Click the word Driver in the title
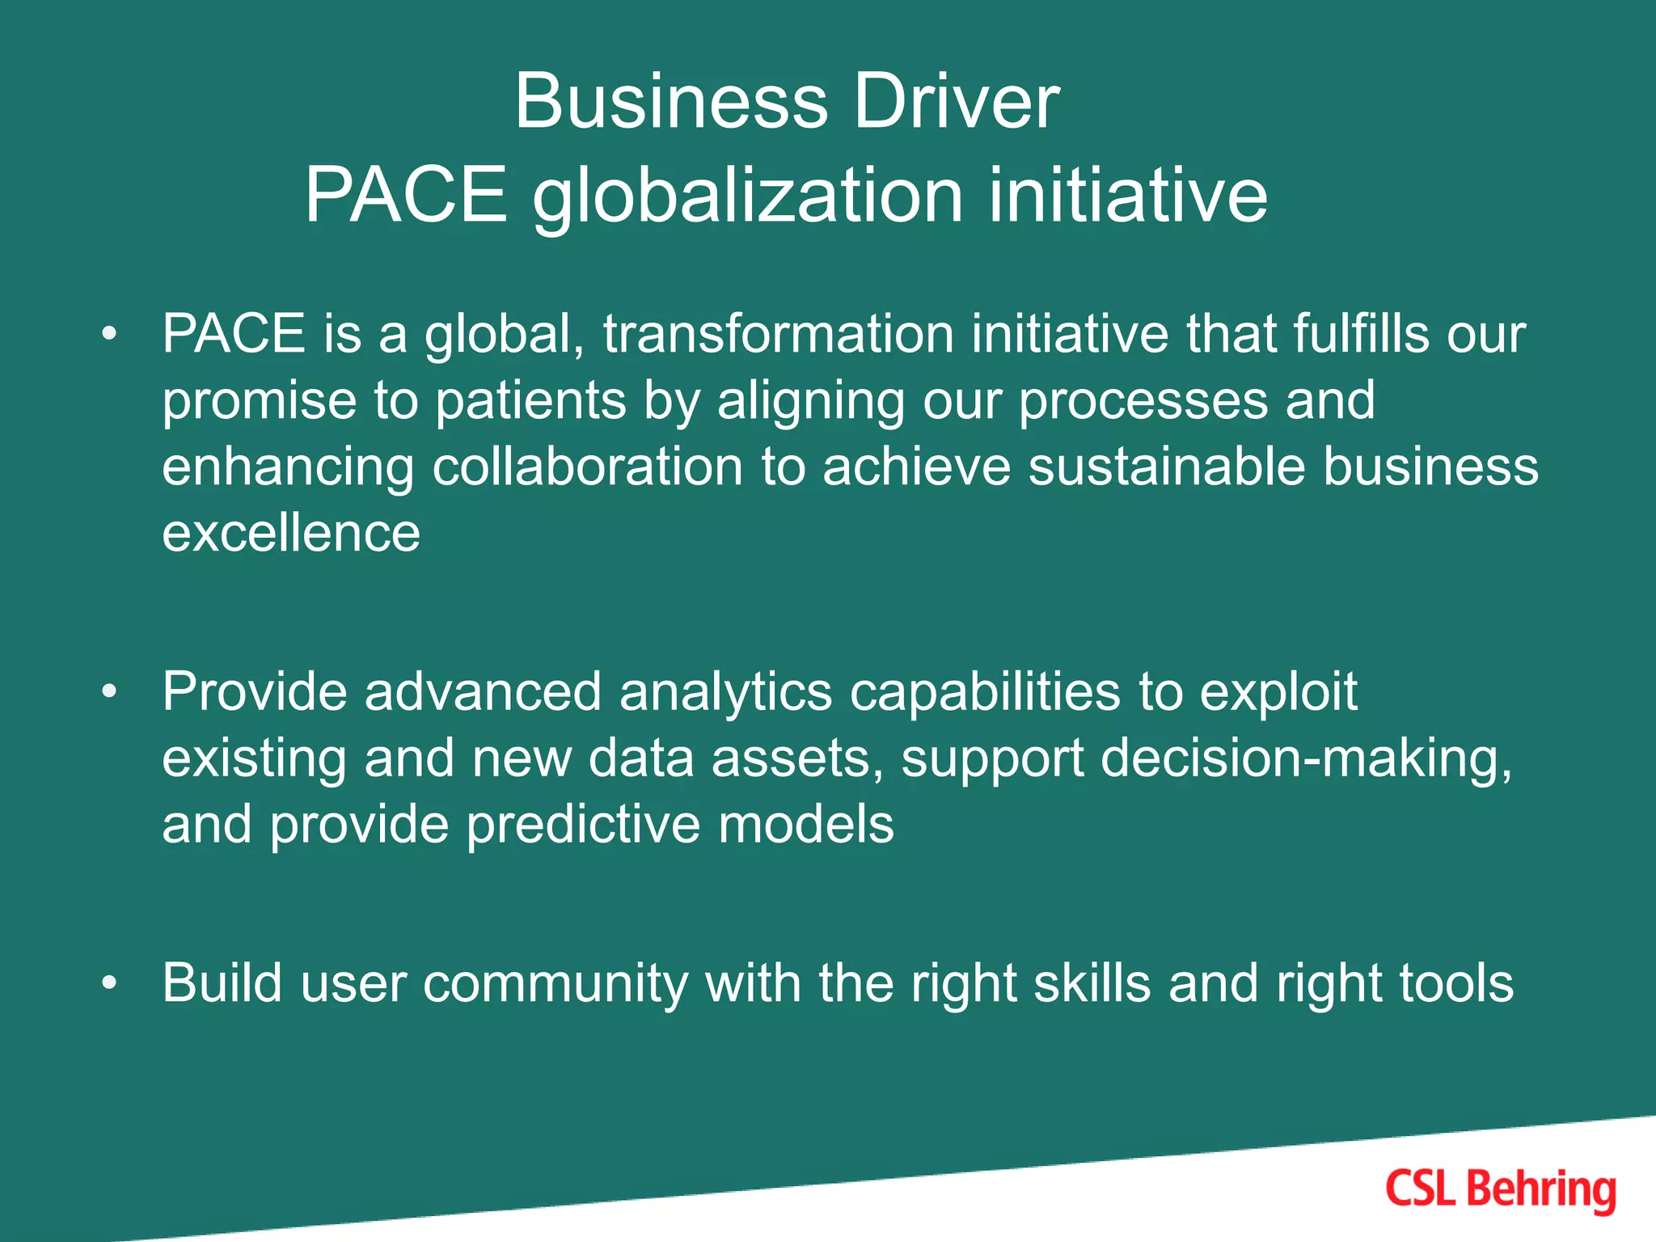coord(956,102)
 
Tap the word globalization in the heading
coord(747,196)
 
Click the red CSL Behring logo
coord(1500,1189)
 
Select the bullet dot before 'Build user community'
coord(110,983)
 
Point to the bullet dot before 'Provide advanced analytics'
coord(110,692)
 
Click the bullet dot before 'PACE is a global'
coord(110,333)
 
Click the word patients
coord(530,400)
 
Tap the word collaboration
coord(587,467)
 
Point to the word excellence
coord(291,534)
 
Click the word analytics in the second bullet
coord(725,692)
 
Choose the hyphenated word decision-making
coord(1305,758)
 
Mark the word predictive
coord(582,825)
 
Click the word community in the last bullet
coord(555,983)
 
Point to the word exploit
coord(1278,692)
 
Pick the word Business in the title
coord(671,102)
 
